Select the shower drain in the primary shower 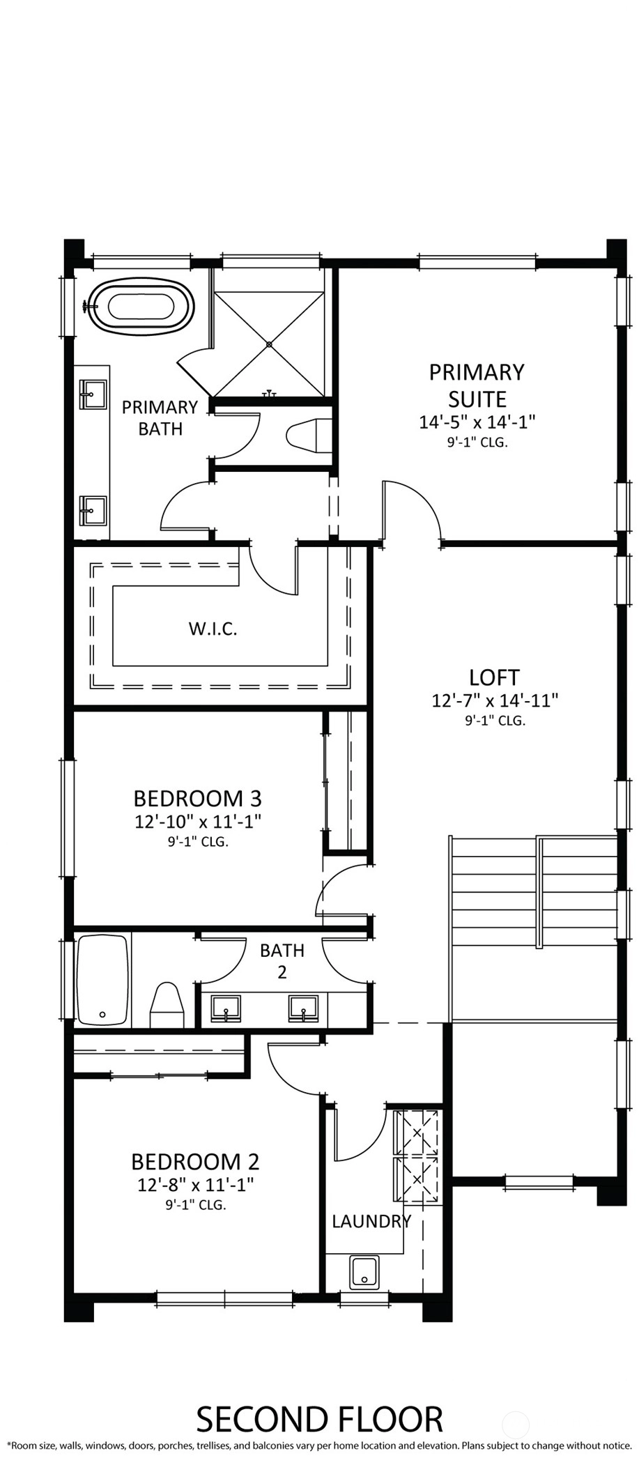[x=269, y=344]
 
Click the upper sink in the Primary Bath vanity [x=93, y=395]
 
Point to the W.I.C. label [x=213, y=629]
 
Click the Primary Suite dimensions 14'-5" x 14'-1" [x=477, y=422]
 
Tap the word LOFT [x=494, y=677]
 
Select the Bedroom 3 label [x=197, y=797]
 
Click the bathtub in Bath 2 [x=102, y=981]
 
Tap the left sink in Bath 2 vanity [x=226, y=1008]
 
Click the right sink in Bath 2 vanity [x=304, y=1008]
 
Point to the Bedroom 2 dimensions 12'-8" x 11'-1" [x=195, y=1183]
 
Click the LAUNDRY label [x=371, y=1221]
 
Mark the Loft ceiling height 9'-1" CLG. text [x=495, y=721]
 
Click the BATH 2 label [x=282, y=960]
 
